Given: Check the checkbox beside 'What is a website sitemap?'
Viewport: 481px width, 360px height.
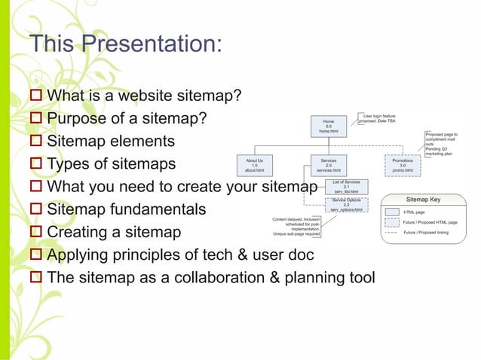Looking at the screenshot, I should coord(35,96).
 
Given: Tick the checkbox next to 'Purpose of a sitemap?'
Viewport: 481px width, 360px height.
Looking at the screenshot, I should coord(35,119).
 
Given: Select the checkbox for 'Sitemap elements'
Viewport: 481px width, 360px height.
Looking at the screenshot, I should coord(35,142).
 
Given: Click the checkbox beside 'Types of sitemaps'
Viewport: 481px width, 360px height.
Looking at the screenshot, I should coord(35,164).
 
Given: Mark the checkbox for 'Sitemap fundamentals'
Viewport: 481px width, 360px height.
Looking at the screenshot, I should coord(35,209).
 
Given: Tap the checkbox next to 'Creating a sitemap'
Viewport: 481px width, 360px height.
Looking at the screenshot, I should coord(35,232).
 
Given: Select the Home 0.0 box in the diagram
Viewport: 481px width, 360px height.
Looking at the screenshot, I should coord(329,126).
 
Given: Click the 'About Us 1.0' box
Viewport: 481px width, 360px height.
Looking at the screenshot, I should coord(254,165).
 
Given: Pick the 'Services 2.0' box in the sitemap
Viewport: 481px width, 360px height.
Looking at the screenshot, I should coord(329,165).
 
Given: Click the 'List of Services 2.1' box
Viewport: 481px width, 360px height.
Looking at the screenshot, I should coord(346,186).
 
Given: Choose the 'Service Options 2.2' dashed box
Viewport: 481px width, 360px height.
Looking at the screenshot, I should coord(346,204).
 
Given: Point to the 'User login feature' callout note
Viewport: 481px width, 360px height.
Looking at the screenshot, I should coord(377,119).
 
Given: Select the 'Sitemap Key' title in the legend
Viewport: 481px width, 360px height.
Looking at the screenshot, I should coord(424,200).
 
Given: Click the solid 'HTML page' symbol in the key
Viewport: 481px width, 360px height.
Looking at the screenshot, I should coord(391,212).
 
